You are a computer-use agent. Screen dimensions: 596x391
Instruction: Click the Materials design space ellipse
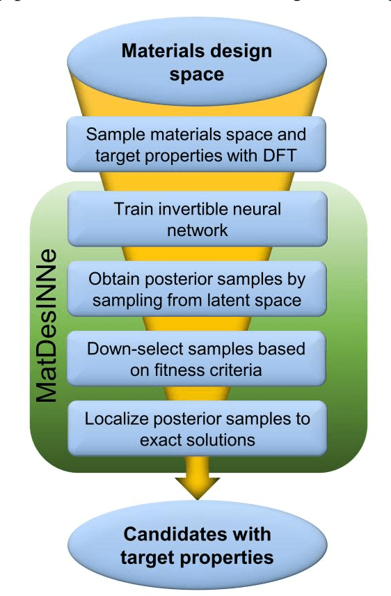[x=196, y=61]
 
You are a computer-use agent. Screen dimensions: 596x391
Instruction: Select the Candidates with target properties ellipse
[x=196, y=547]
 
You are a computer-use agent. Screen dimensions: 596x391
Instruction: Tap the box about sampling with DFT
[x=196, y=145]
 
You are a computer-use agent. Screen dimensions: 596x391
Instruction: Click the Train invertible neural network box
[x=196, y=218]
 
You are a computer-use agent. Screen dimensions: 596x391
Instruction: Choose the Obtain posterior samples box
[x=196, y=289]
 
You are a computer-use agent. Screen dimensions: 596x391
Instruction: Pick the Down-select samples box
[x=196, y=359]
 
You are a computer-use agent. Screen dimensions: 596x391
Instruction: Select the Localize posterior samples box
[x=196, y=429]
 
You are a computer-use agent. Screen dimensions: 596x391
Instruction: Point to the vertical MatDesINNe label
[x=47, y=327]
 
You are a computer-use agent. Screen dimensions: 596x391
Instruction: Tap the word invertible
[x=202, y=207]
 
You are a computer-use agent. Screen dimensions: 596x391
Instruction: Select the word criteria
[x=239, y=370]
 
